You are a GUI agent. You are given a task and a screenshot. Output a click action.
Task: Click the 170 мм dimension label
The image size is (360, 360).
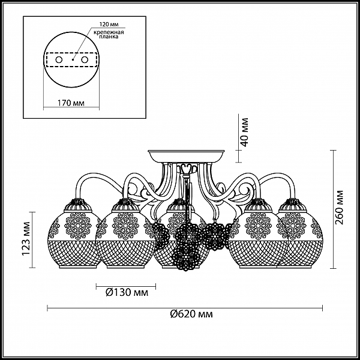click(71, 103)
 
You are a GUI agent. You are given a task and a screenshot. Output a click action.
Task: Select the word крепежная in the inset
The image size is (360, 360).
click(109, 32)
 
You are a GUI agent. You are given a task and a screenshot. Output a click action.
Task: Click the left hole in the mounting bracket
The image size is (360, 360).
click(59, 60)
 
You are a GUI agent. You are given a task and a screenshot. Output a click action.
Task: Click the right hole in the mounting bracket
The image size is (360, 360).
click(85, 60)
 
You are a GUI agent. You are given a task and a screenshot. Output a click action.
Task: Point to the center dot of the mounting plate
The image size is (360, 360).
click(73, 59)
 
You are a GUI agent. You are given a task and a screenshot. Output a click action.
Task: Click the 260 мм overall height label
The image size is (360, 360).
click(340, 208)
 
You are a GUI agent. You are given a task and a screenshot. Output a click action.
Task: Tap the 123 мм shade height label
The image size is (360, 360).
click(26, 239)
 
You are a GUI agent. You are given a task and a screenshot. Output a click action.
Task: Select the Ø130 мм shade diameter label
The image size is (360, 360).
click(127, 293)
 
